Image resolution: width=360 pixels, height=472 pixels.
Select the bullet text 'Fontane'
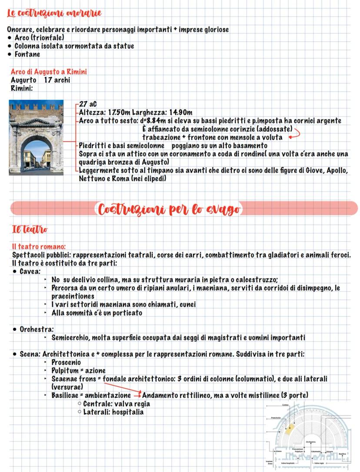pyautogui.click(x=27, y=54)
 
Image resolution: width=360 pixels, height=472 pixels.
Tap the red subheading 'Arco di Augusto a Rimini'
pyautogui.click(x=49, y=72)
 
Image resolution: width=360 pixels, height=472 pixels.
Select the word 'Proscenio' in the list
pyautogui.click(x=66, y=362)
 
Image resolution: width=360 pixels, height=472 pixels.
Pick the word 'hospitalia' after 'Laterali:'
pyautogui.click(x=128, y=412)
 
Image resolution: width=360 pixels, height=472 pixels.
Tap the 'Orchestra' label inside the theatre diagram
pyautogui.click(x=311, y=442)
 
